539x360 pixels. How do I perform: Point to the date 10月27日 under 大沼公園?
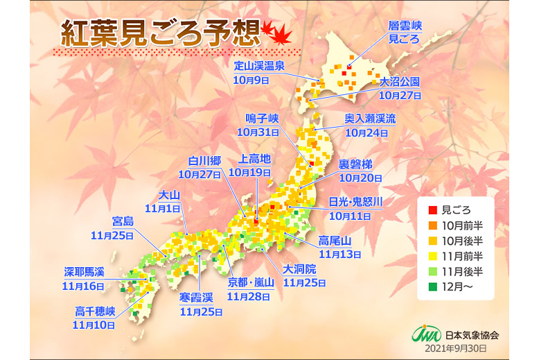point(400,96)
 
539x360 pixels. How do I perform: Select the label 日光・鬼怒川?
point(355,202)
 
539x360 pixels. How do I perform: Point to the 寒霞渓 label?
point(196,298)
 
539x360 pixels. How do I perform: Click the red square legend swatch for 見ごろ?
point(433,209)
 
